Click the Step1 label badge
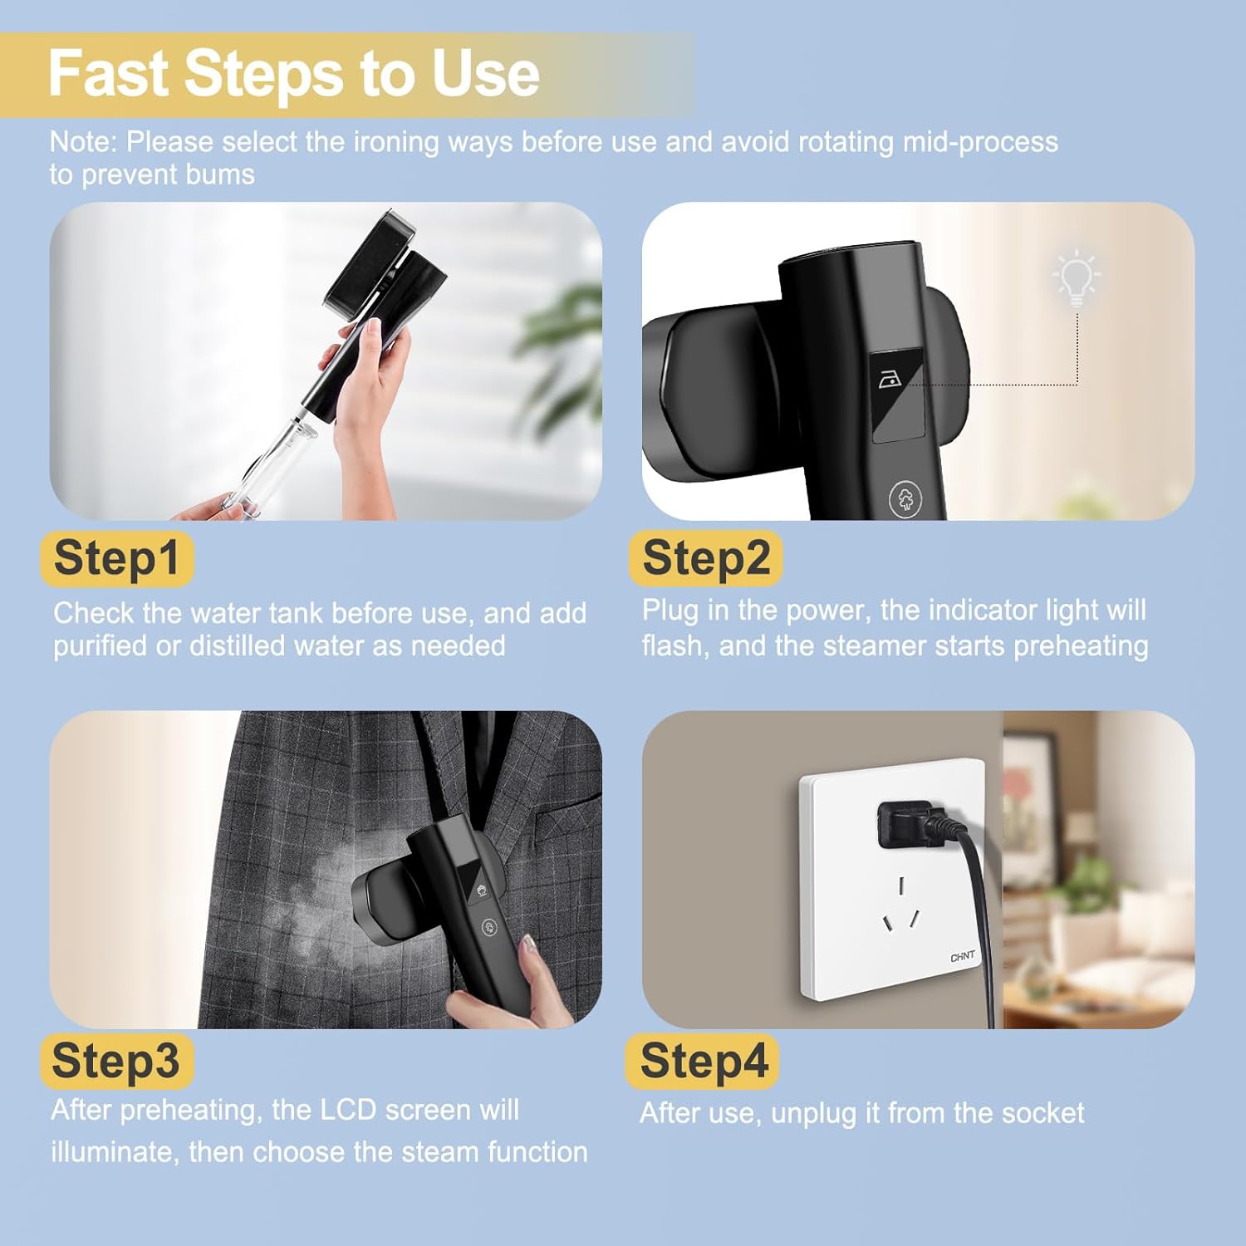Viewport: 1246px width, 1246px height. [x=116, y=558]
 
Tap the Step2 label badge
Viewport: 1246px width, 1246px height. [x=706, y=558]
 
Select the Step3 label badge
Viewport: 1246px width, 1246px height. [x=116, y=1061]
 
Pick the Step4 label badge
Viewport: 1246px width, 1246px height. [x=703, y=1061]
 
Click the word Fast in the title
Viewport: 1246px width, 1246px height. [x=109, y=73]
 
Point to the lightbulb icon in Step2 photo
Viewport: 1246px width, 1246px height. [x=1077, y=277]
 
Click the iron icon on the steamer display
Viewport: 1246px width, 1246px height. [x=890, y=380]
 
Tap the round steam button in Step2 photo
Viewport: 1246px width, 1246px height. [x=905, y=499]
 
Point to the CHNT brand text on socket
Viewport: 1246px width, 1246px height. [x=963, y=957]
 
